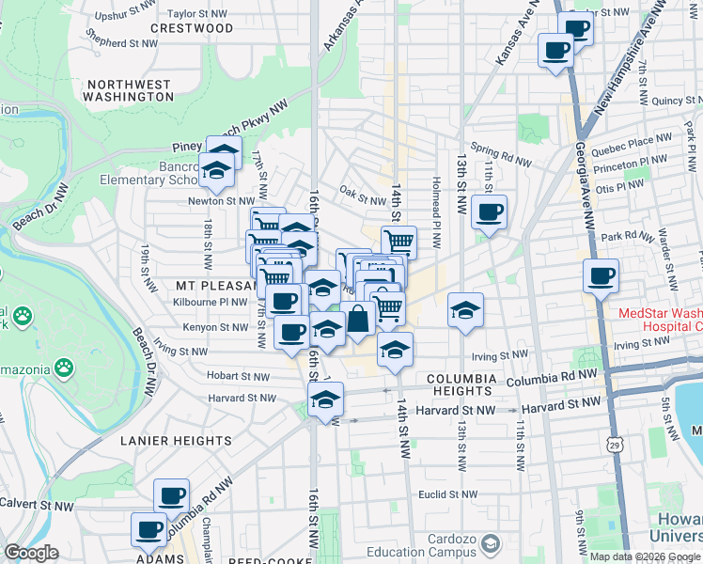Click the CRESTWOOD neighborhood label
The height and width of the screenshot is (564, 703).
tap(191, 28)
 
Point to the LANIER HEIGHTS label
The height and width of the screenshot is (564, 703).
tap(176, 440)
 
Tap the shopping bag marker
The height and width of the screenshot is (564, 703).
tap(358, 318)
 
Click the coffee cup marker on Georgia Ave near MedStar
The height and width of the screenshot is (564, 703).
tap(601, 276)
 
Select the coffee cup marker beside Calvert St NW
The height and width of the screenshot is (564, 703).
tap(171, 495)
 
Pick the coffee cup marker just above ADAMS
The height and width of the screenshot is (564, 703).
tap(149, 529)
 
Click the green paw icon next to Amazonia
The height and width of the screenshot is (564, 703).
tap(65, 366)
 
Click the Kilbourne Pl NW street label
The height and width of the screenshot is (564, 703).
tap(211, 302)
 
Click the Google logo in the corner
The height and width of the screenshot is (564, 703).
tap(31, 553)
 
